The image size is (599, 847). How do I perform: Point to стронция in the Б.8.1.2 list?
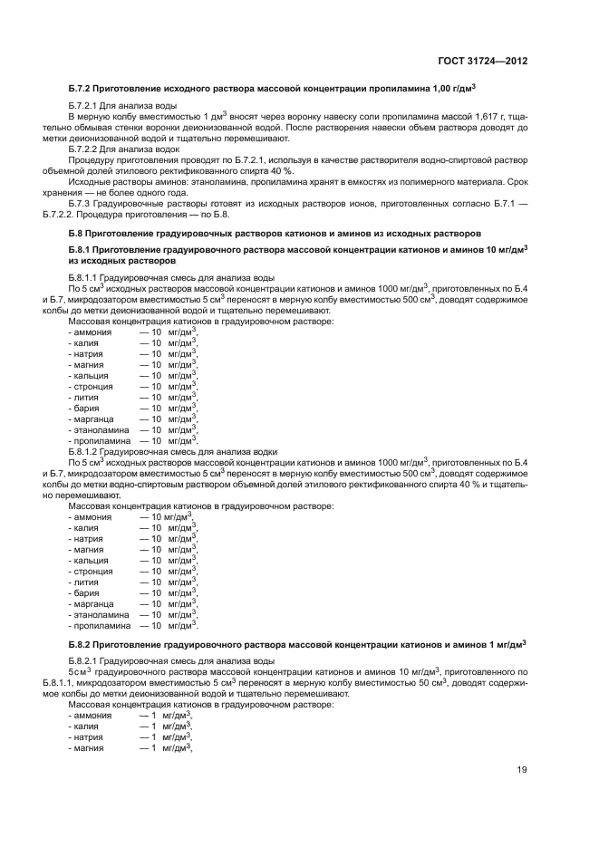(94, 571)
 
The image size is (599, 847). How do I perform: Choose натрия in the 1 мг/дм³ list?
(89, 736)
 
